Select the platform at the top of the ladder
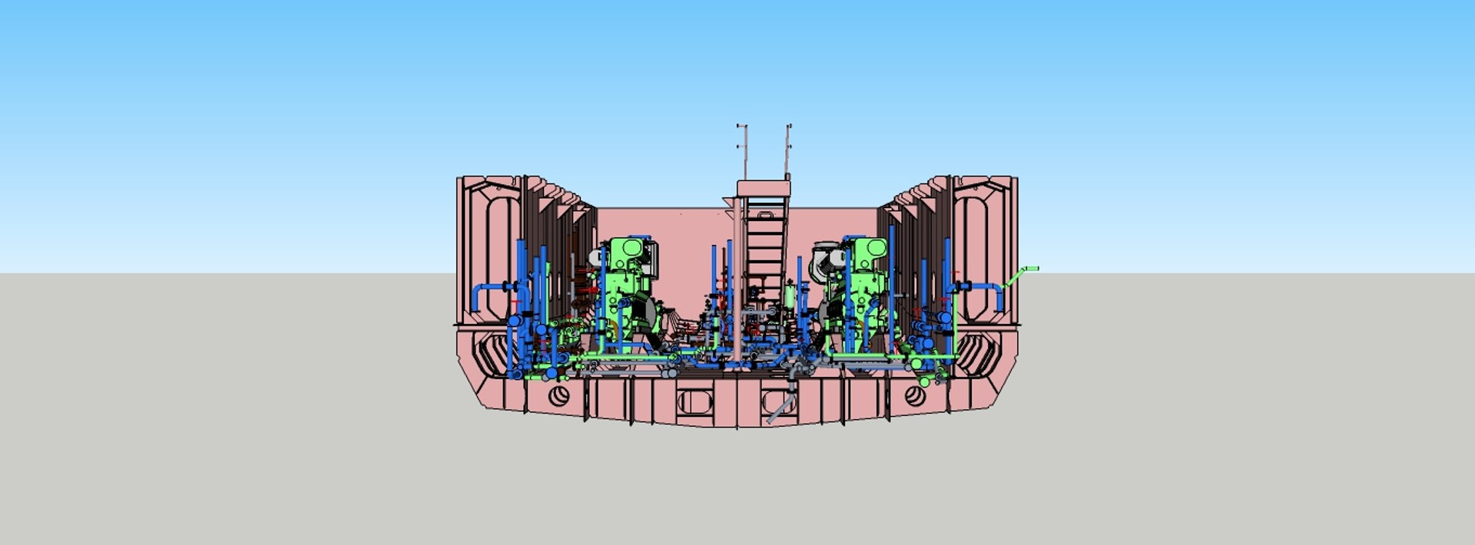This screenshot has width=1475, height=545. [763, 188]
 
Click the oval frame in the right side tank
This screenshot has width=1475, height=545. [983, 249]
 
